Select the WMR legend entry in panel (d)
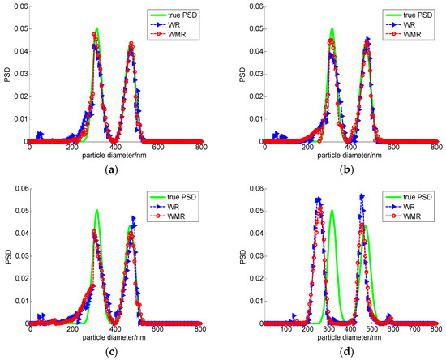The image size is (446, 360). click(411, 218)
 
